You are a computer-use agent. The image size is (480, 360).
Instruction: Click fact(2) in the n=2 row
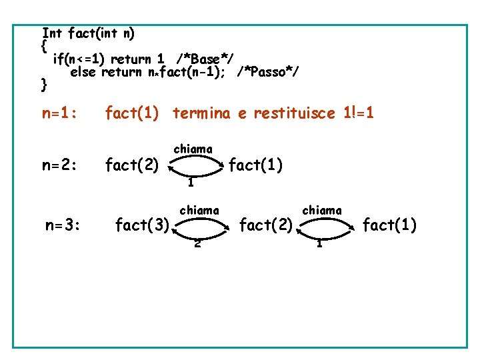132,163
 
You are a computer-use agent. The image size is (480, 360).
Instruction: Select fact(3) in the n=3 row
142,225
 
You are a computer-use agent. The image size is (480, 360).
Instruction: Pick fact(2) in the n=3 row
266,225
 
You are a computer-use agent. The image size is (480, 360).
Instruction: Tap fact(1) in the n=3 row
389,225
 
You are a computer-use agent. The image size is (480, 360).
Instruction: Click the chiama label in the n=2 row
193,149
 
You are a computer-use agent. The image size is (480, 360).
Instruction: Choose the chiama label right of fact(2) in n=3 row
322,210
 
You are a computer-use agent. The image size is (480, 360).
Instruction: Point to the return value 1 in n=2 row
191,182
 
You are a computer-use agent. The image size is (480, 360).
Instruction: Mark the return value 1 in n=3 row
320,243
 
